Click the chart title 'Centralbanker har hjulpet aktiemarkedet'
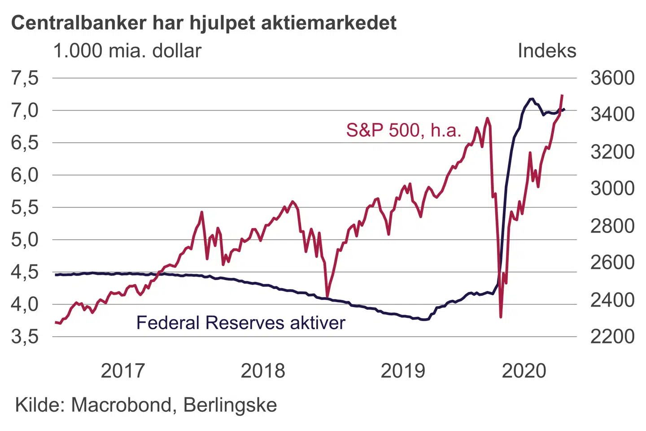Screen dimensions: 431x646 [204, 22]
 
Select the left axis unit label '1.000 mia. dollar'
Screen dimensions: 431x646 [127, 51]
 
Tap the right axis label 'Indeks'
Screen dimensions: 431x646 [546, 51]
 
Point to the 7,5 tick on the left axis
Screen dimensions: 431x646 [25, 78]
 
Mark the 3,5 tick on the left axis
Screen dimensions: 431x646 [25, 336]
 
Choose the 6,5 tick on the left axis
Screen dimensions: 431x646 [25, 143]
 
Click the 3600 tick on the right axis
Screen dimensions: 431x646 [612, 78]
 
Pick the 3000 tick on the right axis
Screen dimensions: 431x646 [612, 188]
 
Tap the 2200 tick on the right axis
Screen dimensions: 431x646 [612, 336]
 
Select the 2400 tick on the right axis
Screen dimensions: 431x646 [612, 299]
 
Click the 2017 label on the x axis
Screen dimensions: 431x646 [123, 371]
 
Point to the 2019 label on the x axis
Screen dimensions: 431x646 [402, 371]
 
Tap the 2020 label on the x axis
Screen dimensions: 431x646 [524, 371]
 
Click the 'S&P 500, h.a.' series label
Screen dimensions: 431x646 [403, 130]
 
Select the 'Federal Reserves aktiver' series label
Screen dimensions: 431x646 [240, 323]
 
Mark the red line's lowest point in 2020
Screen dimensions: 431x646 [500, 317]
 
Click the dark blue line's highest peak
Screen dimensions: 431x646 [532, 99]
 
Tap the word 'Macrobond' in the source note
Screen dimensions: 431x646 [121, 405]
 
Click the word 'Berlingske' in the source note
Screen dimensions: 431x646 [230, 405]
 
